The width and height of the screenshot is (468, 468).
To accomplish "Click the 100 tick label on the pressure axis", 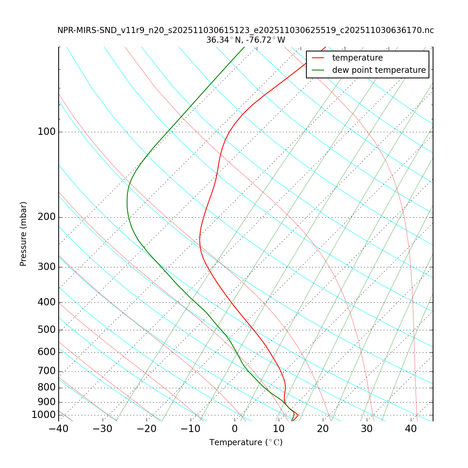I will (x=47, y=132).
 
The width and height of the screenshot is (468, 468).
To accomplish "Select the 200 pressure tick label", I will (x=47, y=217).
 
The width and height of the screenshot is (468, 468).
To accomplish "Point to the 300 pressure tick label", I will (x=47, y=267).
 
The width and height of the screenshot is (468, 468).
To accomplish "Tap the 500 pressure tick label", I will (x=47, y=330).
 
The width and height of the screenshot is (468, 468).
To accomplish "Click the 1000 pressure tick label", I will (x=44, y=415).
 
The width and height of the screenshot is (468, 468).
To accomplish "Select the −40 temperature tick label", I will (x=58, y=429).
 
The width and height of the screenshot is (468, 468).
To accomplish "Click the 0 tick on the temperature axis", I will (x=235, y=429).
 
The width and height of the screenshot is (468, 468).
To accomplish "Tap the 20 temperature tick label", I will (x=323, y=429).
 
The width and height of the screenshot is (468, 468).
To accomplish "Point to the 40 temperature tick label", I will (x=411, y=429).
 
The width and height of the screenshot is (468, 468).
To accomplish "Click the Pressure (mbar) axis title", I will (x=23, y=234).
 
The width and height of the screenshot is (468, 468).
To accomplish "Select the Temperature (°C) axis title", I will (x=246, y=443).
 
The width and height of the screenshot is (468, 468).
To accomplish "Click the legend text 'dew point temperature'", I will (x=379, y=70).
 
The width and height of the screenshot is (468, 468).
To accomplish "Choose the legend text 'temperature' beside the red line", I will (x=357, y=58).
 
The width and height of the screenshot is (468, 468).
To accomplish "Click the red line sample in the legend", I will (x=318, y=58).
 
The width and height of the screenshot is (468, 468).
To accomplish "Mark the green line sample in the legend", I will (x=318, y=70).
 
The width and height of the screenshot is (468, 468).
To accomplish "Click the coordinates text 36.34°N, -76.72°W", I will (x=246, y=40).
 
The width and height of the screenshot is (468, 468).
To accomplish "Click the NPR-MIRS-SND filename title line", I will (x=246, y=30).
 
